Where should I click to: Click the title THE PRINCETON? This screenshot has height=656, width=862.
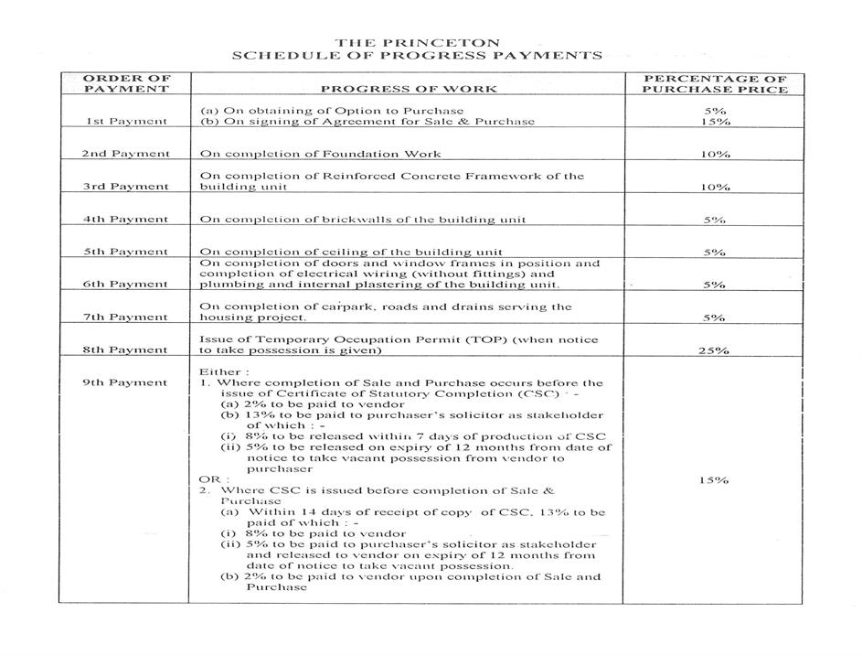click(x=417, y=42)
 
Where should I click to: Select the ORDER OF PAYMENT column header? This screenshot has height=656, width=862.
click(x=126, y=83)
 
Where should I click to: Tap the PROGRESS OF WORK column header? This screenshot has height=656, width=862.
click(x=409, y=89)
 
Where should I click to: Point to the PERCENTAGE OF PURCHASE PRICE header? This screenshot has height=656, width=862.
click(x=715, y=83)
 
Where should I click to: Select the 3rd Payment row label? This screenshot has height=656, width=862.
click(x=126, y=187)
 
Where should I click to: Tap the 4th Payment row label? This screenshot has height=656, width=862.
click(x=126, y=220)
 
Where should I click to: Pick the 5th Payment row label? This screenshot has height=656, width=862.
click(x=126, y=252)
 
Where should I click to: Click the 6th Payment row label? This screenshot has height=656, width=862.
click(x=126, y=285)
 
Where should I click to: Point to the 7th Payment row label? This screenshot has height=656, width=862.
click(x=126, y=317)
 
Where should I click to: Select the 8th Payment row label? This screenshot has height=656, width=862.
click(x=126, y=350)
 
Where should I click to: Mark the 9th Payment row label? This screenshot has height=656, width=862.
click(x=126, y=382)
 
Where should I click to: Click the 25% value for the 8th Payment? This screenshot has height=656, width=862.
click(x=715, y=350)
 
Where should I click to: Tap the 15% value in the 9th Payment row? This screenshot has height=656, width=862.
click(x=715, y=480)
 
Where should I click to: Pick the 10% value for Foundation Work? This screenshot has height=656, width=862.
click(x=715, y=154)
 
